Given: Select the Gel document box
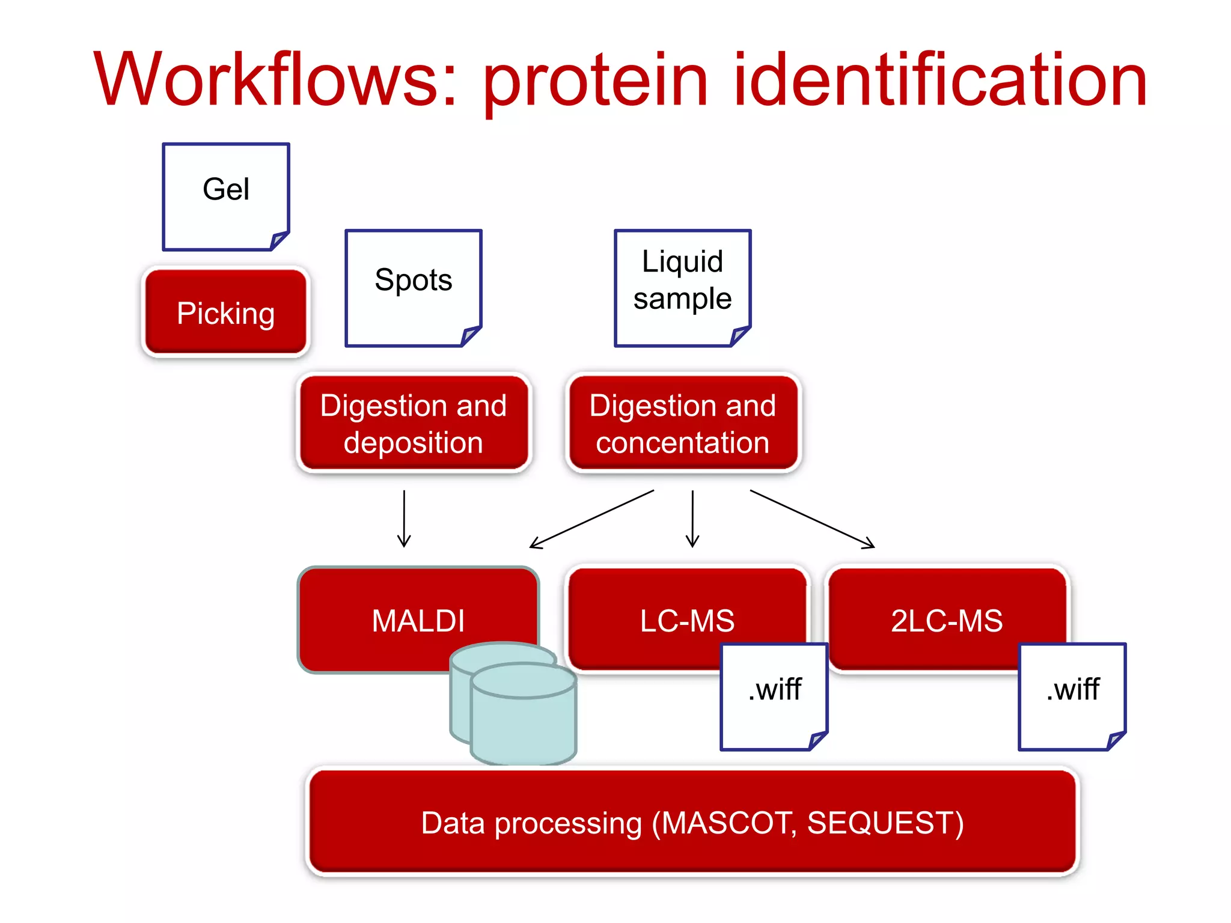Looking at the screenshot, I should (226, 196).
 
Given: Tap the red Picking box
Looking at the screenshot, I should (226, 313).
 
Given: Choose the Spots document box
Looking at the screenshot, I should (413, 287).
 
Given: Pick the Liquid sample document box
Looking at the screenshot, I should (682, 287).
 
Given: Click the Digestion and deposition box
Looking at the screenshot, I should (414, 424).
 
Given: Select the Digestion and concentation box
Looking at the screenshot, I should (683, 424).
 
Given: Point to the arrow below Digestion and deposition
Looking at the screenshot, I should (404, 518).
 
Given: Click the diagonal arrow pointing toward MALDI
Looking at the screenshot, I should (591, 519).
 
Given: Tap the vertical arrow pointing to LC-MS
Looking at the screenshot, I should (692, 518).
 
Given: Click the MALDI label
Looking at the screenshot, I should (418, 621).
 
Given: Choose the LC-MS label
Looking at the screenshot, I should (687, 621).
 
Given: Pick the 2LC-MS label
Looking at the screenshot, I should (947, 621).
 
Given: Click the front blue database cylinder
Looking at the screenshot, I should (523, 721).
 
